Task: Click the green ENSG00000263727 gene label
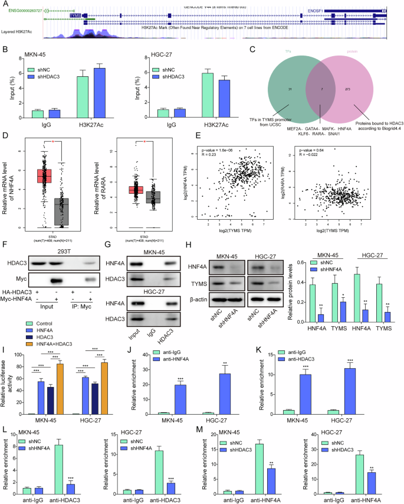27,10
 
